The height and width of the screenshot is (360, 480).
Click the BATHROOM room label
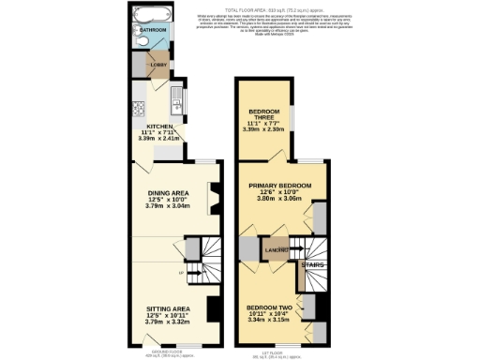[153, 31]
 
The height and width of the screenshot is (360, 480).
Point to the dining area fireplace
[216, 198]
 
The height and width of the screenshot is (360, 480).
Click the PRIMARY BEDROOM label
[282, 186]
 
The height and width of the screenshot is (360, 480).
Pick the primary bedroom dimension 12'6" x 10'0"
[282, 193]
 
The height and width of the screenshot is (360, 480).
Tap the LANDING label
[277, 250]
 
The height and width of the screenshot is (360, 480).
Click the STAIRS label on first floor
[312, 265]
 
